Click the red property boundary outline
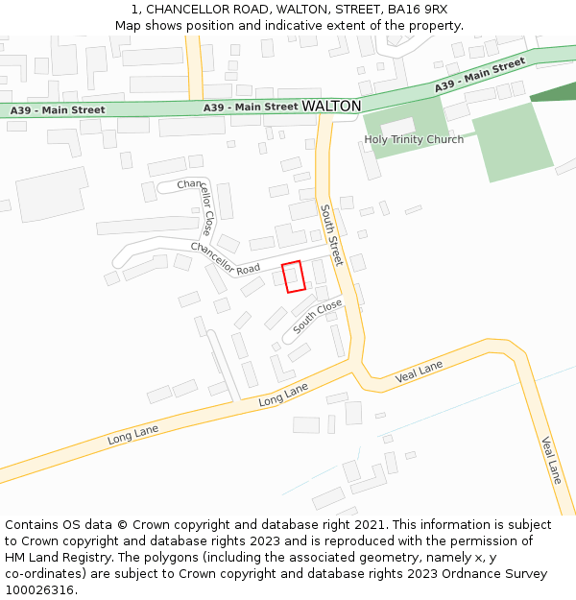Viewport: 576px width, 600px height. pos(293,276)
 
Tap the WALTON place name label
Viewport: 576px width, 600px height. pos(331,106)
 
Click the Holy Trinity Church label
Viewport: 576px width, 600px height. pos(414,139)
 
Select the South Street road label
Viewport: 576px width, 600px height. pos(331,235)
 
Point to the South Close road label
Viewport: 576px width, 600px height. pos(318,316)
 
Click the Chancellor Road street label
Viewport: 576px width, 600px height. pos(226,258)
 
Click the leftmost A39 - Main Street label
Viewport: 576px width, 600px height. pos(58,110)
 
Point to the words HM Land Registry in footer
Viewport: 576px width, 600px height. pos(54,557)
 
